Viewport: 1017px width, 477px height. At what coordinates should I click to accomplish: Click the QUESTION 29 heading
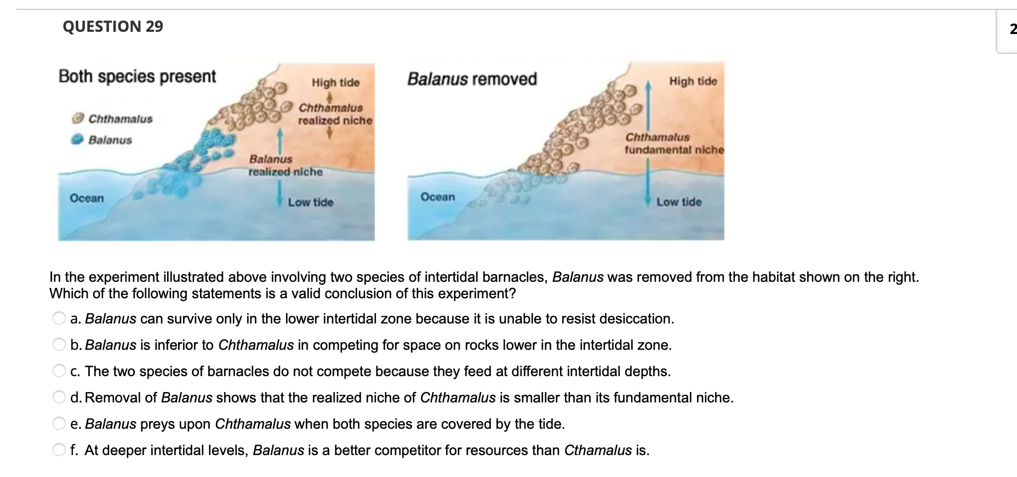pos(113,26)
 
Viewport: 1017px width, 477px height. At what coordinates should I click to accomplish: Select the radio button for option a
pos(59,319)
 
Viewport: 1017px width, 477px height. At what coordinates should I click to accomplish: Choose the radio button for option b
pos(59,345)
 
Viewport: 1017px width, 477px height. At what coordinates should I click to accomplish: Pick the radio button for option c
pos(59,371)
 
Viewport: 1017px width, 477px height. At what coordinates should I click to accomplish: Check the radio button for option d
pos(59,397)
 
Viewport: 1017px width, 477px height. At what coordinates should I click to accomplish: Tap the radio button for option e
pos(59,424)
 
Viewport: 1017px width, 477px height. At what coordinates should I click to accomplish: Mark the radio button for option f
pos(59,450)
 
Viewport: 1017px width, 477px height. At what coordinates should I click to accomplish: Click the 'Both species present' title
pos(137,76)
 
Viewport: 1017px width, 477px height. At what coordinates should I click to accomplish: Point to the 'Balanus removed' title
pos(472,79)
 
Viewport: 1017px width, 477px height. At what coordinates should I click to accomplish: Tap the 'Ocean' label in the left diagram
pos(87,198)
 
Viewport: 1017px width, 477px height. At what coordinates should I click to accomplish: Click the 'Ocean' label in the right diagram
pos(437,197)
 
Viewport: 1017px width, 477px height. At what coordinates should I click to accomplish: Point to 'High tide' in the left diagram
pos(335,83)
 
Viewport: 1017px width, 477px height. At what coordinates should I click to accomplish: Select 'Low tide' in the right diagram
pos(679,202)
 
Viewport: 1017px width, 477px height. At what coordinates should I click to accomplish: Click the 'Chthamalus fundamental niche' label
pos(674,144)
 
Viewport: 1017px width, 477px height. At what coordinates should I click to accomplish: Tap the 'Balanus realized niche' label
pos(285,166)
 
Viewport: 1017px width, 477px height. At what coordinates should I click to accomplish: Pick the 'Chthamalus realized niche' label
pos(335,114)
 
